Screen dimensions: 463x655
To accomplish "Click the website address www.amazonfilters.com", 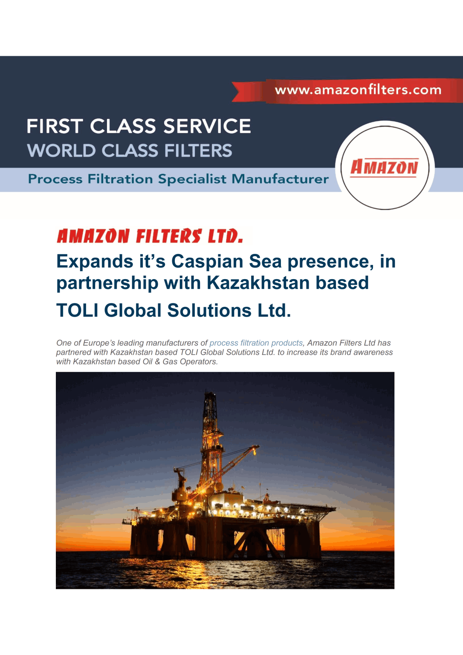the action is pyautogui.click(x=358, y=90).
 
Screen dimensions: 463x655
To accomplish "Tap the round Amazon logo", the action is pyautogui.click(x=385, y=167).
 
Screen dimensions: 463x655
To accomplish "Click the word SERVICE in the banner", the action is pyautogui.click(x=207, y=126).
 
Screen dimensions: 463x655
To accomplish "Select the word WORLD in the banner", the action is pyautogui.click(x=62, y=150).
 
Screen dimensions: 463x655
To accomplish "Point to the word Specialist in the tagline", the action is pyautogui.click(x=192, y=179).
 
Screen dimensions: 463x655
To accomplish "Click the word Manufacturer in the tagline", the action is pyautogui.click(x=280, y=179).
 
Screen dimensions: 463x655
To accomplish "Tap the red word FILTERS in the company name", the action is pyautogui.click(x=169, y=236).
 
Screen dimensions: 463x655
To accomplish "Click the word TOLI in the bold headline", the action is pyautogui.click(x=77, y=310).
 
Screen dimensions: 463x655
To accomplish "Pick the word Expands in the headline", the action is pyautogui.click(x=95, y=262).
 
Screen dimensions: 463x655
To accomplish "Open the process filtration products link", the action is pyautogui.click(x=256, y=343).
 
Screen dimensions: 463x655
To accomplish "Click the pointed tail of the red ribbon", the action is pyautogui.click(x=235, y=92).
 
